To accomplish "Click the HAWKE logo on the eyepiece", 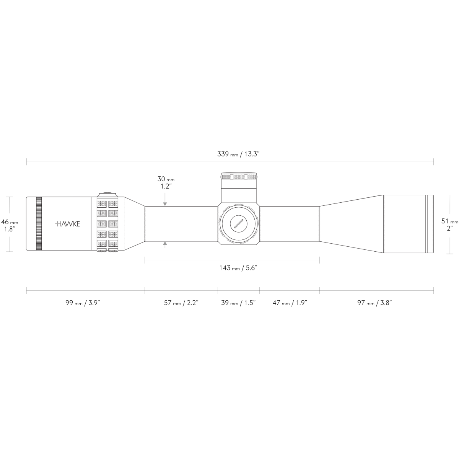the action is pos(67,224).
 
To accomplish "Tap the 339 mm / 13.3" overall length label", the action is pos(238,154).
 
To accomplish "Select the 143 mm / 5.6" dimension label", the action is pos(238,268).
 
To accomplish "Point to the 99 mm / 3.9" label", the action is pos(83,303).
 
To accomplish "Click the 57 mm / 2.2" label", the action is pos(181,303).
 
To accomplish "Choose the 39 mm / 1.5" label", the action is pos(238,303).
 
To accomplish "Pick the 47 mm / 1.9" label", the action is pos(290,303).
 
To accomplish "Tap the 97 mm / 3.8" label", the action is pos(374,303).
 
